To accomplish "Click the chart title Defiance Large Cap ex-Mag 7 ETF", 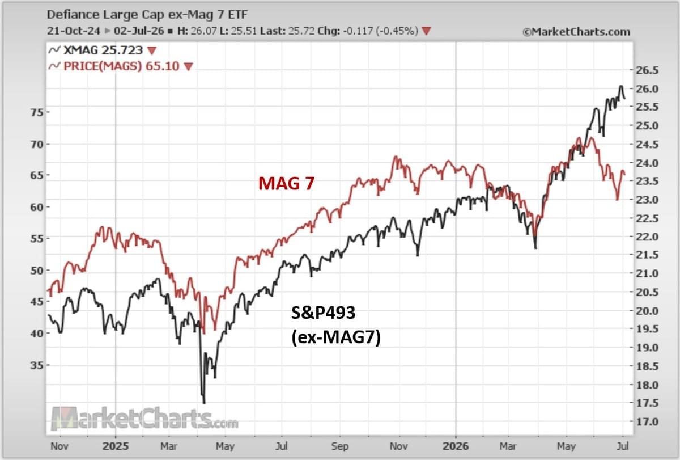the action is (x=147, y=15).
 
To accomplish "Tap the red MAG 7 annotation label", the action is (x=286, y=184).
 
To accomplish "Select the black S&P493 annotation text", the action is (x=323, y=313).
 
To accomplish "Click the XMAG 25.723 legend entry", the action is (x=103, y=50).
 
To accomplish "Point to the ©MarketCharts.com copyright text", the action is (x=576, y=32).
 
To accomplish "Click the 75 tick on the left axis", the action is (x=36, y=112).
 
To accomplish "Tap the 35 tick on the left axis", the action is (x=36, y=365).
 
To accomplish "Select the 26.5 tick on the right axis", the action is (x=647, y=70).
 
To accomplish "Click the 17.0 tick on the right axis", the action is (x=647, y=422).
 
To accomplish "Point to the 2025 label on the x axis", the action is (x=116, y=446).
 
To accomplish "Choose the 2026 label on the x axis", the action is (x=456, y=446).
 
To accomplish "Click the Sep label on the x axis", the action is (x=339, y=446).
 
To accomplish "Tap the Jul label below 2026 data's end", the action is (x=623, y=446).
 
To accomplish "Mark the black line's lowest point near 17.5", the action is (x=203, y=403).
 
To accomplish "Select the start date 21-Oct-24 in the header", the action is (x=74, y=31).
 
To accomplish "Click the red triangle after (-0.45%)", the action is (x=426, y=31).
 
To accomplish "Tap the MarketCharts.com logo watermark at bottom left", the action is (x=145, y=419).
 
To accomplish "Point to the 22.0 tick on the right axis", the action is (x=647, y=237).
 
